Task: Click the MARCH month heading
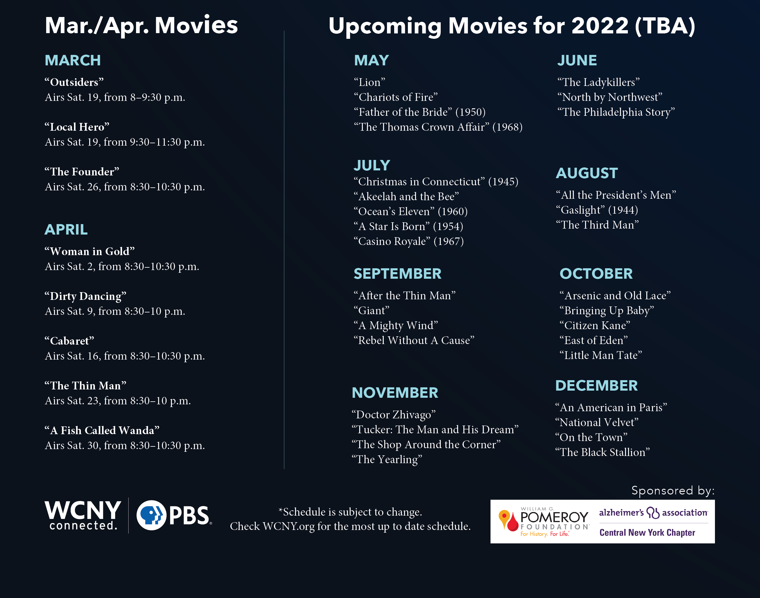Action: click(x=73, y=60)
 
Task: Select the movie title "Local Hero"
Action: click(x=77, y=127)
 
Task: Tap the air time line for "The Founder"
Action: click(x=125, y=187)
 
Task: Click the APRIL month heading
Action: click(x=66, y=230)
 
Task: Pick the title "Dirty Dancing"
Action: click(x=85, y=296)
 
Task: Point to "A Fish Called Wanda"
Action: click(x=102, y=430)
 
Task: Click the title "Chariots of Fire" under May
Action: click(x=396, y=97)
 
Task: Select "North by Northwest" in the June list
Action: click(x=610, y=97)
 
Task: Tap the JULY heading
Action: click(x=372, y=165)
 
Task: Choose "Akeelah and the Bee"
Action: click(x=406, y=196)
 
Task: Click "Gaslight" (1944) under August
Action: click(x=597, y=210)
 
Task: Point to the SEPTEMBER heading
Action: click(x=397, y=274)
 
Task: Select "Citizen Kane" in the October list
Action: click(x=595, y=326)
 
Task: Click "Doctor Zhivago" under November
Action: click(x=394, y=415)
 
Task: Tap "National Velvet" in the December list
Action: click(x=597, y=423)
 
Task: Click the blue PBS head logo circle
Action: click(x=151, y=515)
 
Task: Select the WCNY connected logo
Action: click(x=83, y=515)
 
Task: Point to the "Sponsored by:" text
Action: click(x=673, y=491)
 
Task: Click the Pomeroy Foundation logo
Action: click(x=544, y=522)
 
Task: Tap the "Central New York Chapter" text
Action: click(x=647, y=533)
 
